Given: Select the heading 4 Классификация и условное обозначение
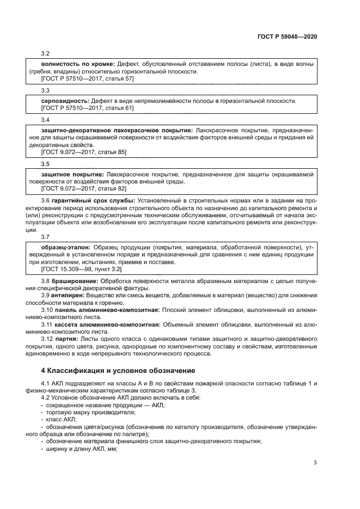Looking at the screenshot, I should tap(118, 371).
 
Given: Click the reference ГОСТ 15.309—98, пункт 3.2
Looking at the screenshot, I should tap(81, 269).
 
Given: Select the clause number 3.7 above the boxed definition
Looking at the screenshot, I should tap(45, 237).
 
